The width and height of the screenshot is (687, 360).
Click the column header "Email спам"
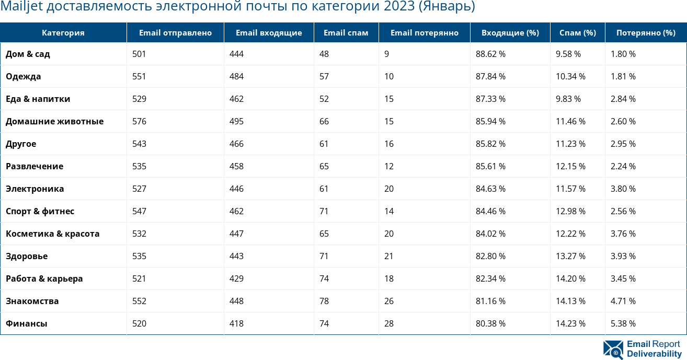(x=346, y=33)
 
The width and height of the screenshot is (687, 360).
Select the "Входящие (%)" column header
(x=510, y=33)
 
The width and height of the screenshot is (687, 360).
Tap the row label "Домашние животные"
(x=54, y=121)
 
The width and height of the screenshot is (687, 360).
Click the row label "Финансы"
(x=27, y=323)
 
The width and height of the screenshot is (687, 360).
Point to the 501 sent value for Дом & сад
(x=139, y=54)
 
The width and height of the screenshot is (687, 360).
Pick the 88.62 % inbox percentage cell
(x=490, y=54)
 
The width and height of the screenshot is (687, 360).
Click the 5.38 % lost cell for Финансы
(x=623, y=323)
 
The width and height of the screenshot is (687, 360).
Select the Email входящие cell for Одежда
(x=236, y=76)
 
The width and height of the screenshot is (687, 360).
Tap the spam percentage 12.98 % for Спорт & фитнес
(x=570, y=211)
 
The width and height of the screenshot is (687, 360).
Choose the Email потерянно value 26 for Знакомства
(x=389, y=301)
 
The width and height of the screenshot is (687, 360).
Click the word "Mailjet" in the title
(x=19, y=7)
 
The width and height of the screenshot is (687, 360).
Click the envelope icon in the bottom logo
(x=613, y=350)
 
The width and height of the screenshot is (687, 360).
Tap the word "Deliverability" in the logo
(x=654, y=354)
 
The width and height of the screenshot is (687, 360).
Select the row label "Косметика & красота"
(x=52, y=234)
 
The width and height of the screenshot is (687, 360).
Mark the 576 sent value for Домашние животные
(x=139, y=121)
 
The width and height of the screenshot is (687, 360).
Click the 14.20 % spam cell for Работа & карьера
(x=570, y=278)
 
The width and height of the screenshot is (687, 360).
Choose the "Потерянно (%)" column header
(x=646, y=33)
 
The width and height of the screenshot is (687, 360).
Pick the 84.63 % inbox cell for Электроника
(x=490, y=189)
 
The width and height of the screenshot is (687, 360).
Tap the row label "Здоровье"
(x=27, y=256)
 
